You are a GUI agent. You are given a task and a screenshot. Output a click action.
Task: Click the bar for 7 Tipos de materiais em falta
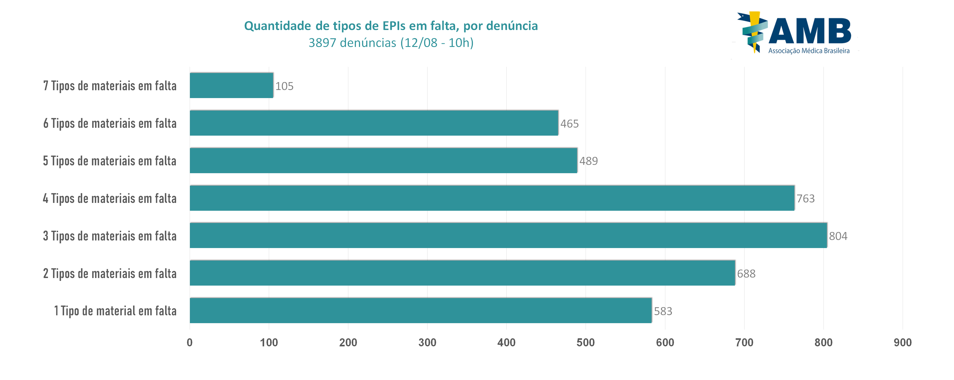click(x=231, y=85)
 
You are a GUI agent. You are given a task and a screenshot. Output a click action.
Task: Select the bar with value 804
click(x=508, y=236)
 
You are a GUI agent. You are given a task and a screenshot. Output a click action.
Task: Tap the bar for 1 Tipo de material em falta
click(x=421, y=310)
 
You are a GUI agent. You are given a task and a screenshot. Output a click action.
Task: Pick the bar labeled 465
click(x=374, y=123)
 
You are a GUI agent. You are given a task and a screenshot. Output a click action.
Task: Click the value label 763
click(x=806, y=199)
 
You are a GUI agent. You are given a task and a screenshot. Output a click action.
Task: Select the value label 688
click(x=746, y=274)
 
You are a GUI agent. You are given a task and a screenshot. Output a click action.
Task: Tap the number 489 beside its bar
click(x=588, y=161)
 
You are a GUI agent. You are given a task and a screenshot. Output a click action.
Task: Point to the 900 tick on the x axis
click(x=902, y=342)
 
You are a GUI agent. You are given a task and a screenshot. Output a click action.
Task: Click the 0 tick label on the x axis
click(x=190, y=342)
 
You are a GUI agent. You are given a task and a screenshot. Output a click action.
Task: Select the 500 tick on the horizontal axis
click(x=586, y=342)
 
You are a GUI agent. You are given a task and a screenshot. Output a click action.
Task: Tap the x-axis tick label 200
click(x=348, y=342)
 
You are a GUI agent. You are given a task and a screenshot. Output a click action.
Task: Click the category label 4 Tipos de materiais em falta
click(x=110, y=198)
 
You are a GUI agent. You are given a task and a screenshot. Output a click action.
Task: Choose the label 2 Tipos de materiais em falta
click(x=110, y=273)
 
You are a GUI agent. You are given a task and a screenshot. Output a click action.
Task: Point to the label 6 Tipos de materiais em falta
click(x=110, y=123)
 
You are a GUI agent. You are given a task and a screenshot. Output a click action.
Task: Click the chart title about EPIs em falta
click(x=391, y=26)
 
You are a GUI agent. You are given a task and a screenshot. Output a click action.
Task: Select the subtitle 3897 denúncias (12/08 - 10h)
click(x=391, y=43)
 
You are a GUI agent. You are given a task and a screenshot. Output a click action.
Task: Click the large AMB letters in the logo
click(x=810, y=31)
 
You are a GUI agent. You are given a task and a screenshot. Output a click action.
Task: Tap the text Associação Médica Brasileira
click(x=809, y=51)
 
